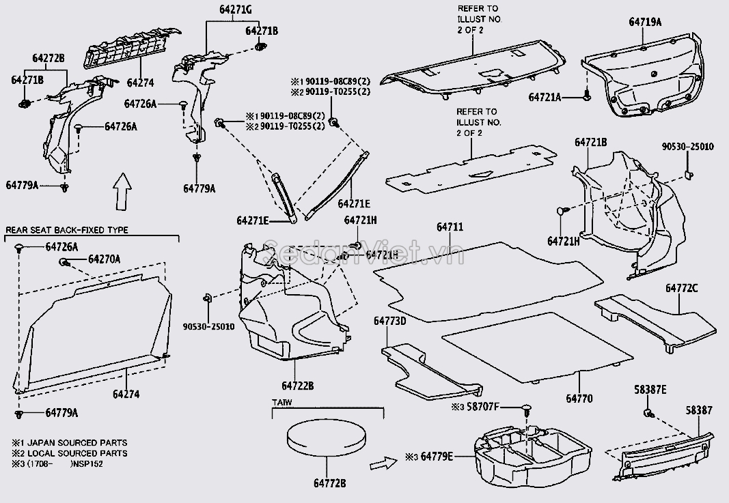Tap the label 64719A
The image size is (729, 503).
pyautogui.click(x=645, y=22)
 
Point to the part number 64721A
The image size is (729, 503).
pyautogui.click(x=545, y=98)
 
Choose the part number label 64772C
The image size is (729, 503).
pyautogui.click(x=682, y=287)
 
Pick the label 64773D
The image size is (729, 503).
pyautogui.click(x=390, y=320)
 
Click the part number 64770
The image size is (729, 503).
pyautogui.click(x=579, y=398)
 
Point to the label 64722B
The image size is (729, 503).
pyautogui.click(x=297, y=386)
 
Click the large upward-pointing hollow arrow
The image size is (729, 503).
pyautogui.click(x=121, y=191)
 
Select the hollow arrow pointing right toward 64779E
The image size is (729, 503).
pyautogui.click(x=381, y=465)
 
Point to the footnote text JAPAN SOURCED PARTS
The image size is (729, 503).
pyautogui.click(x=79, y=443)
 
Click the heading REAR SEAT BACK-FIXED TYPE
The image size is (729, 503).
pyautogui.click(x=67, y=231)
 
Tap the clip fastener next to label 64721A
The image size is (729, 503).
pyautogui.click(x=586, y=98)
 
